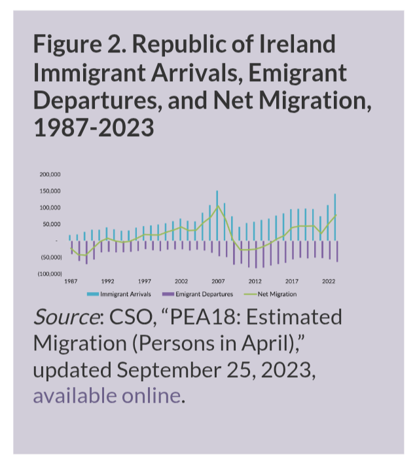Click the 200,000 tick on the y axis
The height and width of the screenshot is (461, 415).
coord(50,175)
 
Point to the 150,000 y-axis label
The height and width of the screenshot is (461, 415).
coord(50,191)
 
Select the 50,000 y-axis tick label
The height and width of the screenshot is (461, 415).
coord(52,224)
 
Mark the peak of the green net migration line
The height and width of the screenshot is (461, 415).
coord(217,206)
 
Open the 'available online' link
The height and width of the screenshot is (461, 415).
coord(106,396)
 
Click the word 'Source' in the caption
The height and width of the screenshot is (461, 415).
coord(65,318)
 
